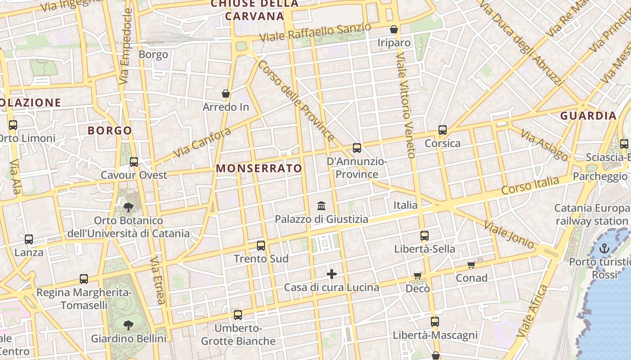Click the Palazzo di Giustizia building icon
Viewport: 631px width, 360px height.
[x=321, y=206]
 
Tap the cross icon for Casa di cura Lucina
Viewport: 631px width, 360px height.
[x=332, y=274]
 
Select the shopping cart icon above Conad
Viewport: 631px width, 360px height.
[x=471, y=265]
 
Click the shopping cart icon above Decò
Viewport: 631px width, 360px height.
[x=418, y=275]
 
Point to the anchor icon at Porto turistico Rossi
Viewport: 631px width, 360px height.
[x=604, y=248]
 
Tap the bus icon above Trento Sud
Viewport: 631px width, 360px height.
[x=261, y=245]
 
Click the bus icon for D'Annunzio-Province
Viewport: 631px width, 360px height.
[x=357, y=148]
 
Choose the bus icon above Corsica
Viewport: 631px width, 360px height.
[x=442, y=130]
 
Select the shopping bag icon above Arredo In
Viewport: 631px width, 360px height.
[x=226, y=94]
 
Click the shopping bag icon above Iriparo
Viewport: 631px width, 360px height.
[x=394, y=29]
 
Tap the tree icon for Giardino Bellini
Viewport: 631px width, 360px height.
[x=128, y=325]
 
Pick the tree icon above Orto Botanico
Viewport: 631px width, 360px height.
[x=128, y=207]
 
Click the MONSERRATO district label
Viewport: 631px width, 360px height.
[x=259, y=168]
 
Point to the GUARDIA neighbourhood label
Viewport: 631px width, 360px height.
[x=588, y=116]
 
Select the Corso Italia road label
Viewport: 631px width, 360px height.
[x=530, y=185]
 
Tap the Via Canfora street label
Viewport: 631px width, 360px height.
[x=202, y=142]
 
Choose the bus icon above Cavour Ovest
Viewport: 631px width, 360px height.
[x=134, y=162]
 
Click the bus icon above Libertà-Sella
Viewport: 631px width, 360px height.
[x=425, y=235]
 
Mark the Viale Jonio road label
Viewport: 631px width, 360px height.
[x=508, y=234]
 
